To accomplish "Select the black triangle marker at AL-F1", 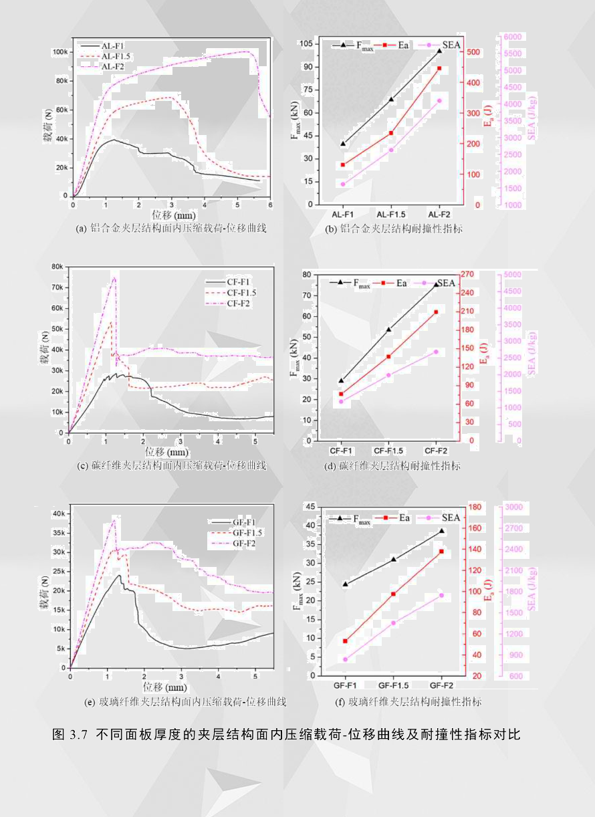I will click(343, 143).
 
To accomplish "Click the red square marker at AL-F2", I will click(439, 68).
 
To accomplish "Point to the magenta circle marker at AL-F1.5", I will click(391, 150).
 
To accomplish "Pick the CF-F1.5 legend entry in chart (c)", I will click(241, 292).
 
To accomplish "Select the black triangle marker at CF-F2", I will click(436, 284).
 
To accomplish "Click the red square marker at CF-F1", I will click(341, 394).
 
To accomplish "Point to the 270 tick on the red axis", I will click(467, 274).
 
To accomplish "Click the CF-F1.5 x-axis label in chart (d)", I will click(388, 451).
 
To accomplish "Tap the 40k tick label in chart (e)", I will click(59, 514).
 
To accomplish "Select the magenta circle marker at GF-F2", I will click(441, 595).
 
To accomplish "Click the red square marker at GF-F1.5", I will click(393, 594).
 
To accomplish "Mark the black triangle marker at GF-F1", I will click(345, 584).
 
